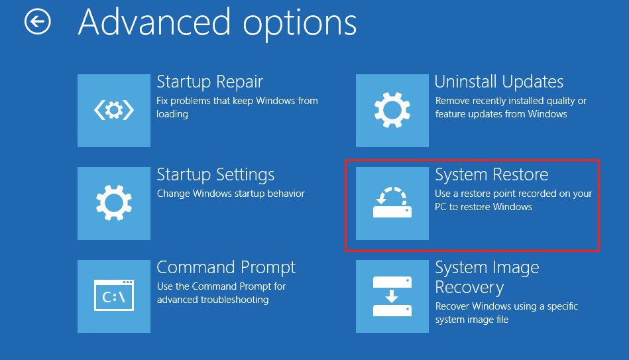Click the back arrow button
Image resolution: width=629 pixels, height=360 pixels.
[x=37, y=22]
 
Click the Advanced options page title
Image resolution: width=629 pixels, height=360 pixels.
[x=217, y=23]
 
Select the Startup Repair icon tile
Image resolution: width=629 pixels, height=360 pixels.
[x=114, y=111]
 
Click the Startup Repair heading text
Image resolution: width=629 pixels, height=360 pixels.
[x=209, y=82]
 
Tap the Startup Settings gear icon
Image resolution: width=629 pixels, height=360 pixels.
[x=114, y=203]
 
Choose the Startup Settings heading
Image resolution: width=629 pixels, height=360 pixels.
[x=215, y=175]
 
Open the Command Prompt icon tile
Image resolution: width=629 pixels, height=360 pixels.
[x=114, y=296]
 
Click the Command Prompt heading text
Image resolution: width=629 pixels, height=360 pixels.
[x=226, y=268]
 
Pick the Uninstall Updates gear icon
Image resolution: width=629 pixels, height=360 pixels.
[x=392, y=111]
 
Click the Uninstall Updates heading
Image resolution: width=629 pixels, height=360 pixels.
[x=499, y=82]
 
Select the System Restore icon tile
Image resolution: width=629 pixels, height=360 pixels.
[x=392, y=203]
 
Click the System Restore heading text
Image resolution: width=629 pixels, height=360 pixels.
[x=492, y=175]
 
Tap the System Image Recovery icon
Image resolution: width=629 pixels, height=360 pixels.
[x=392, y=296]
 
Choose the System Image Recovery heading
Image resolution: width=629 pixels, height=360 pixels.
[x=487, y=277]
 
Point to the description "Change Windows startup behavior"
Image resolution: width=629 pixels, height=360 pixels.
[x=231, y=194]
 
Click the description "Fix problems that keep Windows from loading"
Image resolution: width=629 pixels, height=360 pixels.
[x=237, y=107]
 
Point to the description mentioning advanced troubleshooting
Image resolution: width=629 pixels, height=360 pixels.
[x=221, y=293]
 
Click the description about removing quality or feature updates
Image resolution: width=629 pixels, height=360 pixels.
[x=510, y=107]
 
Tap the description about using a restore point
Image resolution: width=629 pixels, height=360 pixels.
[x=513, y=200]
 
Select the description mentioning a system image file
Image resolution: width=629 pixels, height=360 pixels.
[x=506, y=313]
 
